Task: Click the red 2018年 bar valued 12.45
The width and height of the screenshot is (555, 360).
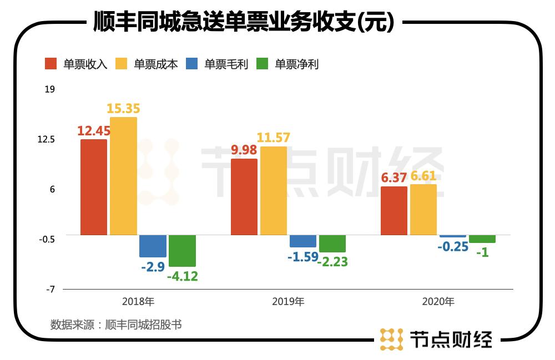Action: click(x=94, y=187)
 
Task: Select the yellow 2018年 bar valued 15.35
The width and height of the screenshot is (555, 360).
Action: click(x=123, y=176)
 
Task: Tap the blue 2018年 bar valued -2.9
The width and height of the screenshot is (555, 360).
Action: click(x=153, y=246)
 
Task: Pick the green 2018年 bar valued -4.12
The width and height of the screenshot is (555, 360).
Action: click(x=182, y=251)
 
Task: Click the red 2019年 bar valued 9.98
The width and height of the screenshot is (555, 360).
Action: click(x=244, y=197)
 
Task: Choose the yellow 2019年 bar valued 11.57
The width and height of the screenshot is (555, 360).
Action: click(x=274, y=190)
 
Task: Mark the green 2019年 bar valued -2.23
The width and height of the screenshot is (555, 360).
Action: click(x=332, y=244)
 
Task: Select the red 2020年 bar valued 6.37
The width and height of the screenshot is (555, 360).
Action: click(x=394, y=211)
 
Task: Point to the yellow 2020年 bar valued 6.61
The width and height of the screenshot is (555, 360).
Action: click(x=423, y=210)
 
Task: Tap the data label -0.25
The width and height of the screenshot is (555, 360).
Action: click(x=453, y=247)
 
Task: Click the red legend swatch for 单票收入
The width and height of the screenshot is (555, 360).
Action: click(x=51, y=64)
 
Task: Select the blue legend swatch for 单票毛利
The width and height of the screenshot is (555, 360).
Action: click(x=192, y=64)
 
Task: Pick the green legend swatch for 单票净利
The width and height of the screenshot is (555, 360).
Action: click(x=263, y=64)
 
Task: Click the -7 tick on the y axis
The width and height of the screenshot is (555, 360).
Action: click(x=49, y=290)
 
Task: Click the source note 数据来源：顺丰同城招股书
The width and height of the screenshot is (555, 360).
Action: click(x=115, y=324)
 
